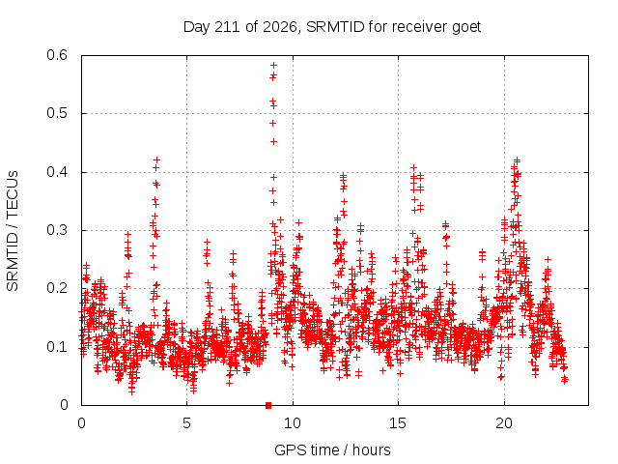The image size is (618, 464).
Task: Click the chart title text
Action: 332,27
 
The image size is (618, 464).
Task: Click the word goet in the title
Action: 466,28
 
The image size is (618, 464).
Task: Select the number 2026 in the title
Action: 280,27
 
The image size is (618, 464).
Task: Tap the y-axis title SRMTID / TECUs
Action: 13,231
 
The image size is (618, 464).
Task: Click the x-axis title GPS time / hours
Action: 332,449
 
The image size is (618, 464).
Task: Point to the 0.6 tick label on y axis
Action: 57,55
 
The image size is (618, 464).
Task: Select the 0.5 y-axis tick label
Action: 57,113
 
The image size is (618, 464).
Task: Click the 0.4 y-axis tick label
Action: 57,172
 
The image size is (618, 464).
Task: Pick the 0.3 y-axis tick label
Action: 57,230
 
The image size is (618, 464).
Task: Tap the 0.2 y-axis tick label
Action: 57,288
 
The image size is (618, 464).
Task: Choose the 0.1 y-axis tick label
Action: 57,347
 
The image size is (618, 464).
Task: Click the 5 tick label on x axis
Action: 186,423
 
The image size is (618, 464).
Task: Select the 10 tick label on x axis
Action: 292,423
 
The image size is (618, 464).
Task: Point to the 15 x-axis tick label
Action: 398,423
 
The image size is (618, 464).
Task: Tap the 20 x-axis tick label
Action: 504,423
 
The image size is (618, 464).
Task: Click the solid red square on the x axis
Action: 268,405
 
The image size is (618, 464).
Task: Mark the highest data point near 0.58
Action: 273,65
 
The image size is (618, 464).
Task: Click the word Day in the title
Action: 196,28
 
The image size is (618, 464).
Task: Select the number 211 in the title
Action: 227,27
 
